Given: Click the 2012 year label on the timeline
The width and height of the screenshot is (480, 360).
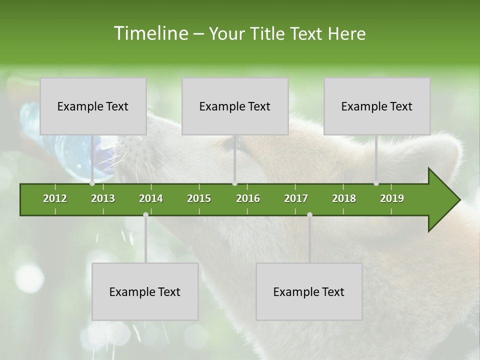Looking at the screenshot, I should point(55,198).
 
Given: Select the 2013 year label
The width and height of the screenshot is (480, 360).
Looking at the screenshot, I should point(103,198).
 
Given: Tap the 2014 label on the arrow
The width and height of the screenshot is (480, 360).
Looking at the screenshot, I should point(151,198).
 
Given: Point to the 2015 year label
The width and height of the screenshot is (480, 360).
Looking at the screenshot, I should point(199,198).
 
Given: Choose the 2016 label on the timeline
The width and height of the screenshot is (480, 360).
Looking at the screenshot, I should point(248,198).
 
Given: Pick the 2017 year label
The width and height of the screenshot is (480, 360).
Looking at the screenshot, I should point(296,198).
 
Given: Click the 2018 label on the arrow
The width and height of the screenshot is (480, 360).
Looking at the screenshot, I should point(344,198).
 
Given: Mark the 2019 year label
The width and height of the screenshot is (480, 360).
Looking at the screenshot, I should point(392,198).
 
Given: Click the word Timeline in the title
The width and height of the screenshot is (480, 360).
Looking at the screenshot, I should point(151,33).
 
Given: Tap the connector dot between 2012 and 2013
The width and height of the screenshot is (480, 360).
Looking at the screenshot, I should point(92,183).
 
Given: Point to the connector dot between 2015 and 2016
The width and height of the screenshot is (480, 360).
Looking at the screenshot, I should point(234,183).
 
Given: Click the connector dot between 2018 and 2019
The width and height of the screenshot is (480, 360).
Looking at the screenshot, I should point(376,183).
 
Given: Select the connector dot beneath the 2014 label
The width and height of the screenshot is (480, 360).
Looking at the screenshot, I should point(145,215).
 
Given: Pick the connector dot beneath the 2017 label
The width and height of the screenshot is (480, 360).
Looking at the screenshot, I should point(309,215).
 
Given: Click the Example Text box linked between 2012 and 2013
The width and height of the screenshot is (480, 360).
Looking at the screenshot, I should point(93,106).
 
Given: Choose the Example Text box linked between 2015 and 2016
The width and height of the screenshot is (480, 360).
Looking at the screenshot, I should point(235,106).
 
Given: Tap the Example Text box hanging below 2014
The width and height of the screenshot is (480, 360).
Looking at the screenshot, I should point(145,291).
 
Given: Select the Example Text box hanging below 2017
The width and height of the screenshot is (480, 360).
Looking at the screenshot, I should point(309,291).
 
